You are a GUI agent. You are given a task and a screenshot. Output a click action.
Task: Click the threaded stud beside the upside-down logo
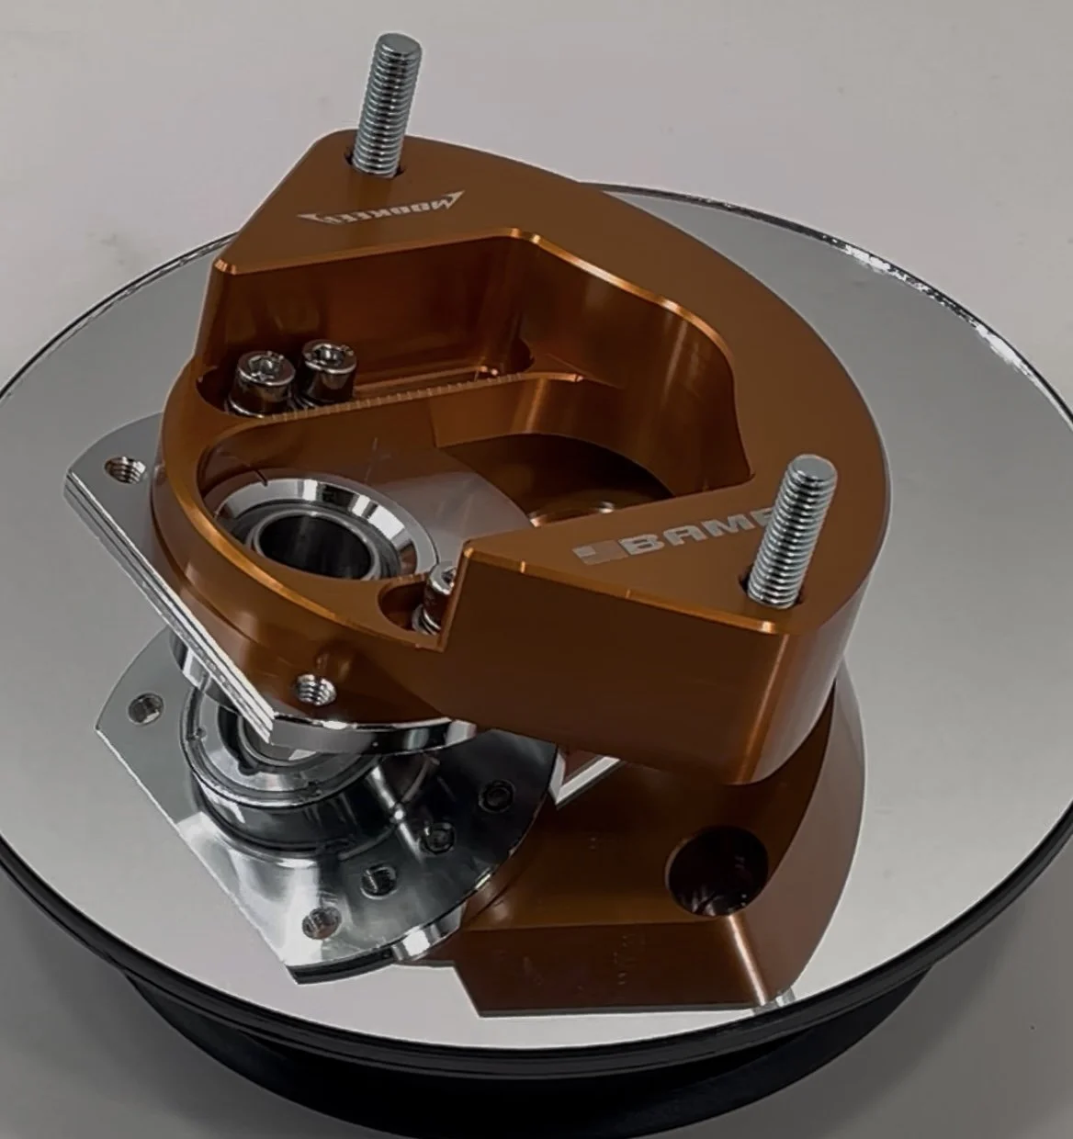383,101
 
